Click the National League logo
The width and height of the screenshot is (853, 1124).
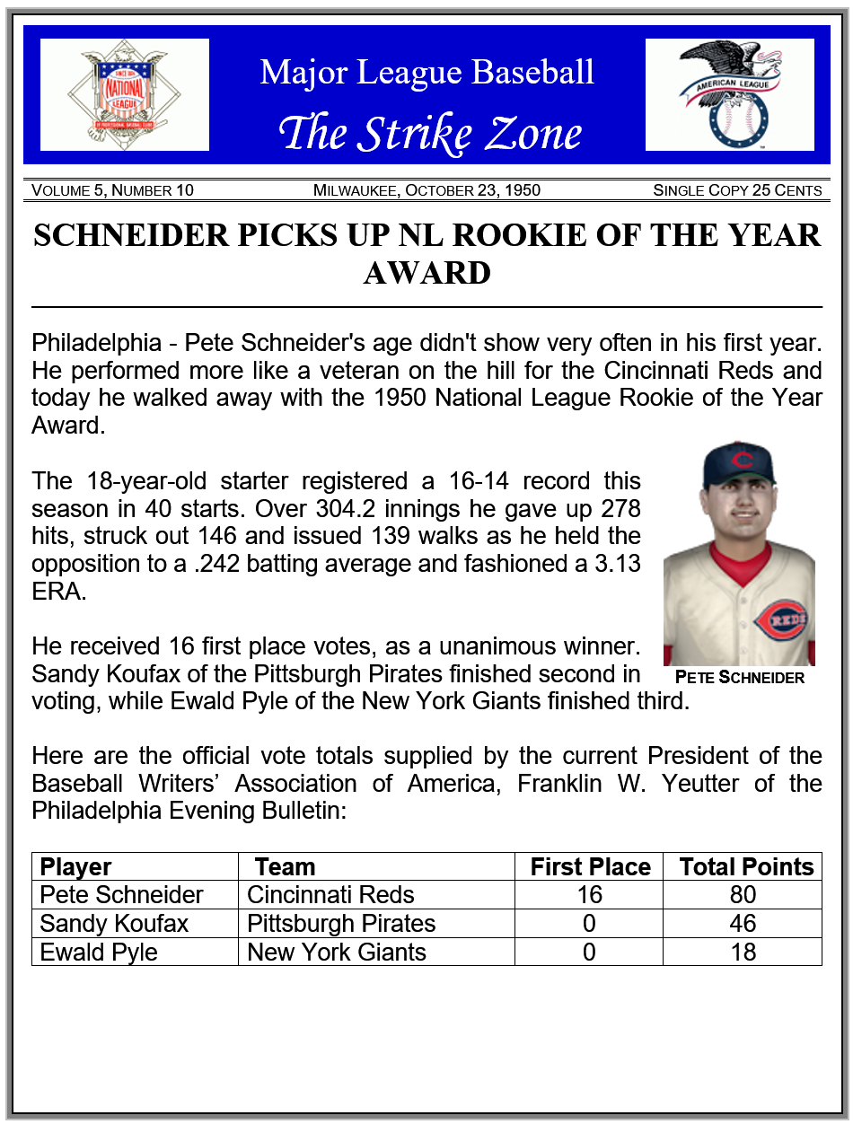click(x=125, y=94)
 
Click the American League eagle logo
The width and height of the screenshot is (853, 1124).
click(x=730, y=94)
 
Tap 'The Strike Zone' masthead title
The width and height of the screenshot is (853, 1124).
click(x=430, y=133)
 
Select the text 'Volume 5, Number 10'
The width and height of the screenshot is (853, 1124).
click(x=112, y=190)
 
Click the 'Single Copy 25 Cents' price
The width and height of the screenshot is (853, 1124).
click(x=737, y=190)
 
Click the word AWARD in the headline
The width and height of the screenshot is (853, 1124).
click(x=426, y=273)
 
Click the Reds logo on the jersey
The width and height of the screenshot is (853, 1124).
click(x=778, y=619)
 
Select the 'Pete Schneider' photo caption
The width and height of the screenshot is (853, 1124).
click(x=739, y=678)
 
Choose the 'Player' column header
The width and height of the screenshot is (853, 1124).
click(x=76, y=866)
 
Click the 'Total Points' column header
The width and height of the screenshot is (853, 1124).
click(x=746, y=866)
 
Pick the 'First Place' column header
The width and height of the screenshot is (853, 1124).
click(x=590, y=866)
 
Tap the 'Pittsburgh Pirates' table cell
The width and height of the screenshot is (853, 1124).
click(x=341, y=923)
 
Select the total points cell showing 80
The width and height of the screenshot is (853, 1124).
click(x=743, y=895)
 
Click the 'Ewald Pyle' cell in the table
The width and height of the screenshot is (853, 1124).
click(x=99, y=952)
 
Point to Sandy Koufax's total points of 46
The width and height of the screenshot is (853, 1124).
click(x=743, y=923)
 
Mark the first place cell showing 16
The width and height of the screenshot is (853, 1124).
click(x=589, y=895)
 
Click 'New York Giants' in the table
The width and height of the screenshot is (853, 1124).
click(x=336, y=952)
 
